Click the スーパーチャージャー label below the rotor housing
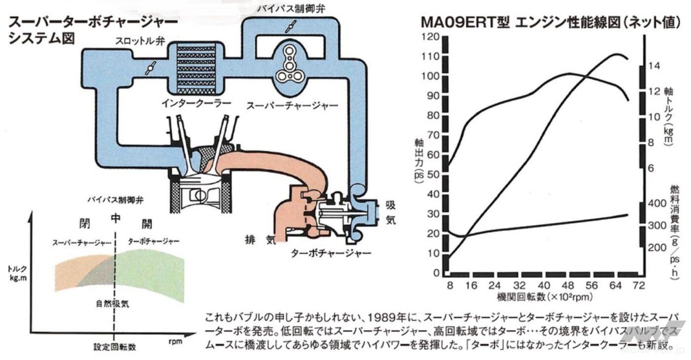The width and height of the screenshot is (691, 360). pyautogui.click(x=292, y=106)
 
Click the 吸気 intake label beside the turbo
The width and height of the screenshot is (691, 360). pyautogui.click(x=391, y=212)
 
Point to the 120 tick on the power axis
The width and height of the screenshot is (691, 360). pyautogui.click(x=430, y=37)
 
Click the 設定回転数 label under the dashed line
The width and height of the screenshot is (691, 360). pyautogui.click(x=115, y=347)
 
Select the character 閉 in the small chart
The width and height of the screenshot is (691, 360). pyautogui.click(x=85, y=223)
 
